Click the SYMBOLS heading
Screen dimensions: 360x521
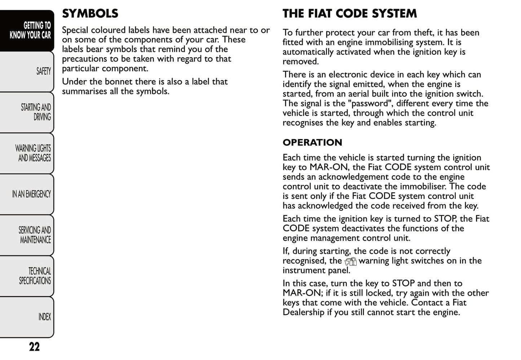[x=90, y=14]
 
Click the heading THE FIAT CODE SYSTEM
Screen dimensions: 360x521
[x=349, y=14]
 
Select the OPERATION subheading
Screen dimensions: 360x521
[x=312, y=142]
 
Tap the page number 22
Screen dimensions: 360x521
[x=34, y=347]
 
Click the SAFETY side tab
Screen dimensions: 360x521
[x=43, y=71]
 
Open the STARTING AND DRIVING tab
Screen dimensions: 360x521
[x=36, y=112]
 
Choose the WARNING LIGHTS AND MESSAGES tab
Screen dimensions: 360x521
[x=33, y=153]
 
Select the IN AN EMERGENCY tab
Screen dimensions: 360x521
[x=31, y=194]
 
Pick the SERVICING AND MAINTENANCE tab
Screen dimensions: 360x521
[x=35, y=235]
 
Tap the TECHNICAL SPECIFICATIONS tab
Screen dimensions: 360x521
[x=35, y=276]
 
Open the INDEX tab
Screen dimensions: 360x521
[x=44, y=317]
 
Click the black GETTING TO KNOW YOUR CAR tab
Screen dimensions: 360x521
[x=30, y=30]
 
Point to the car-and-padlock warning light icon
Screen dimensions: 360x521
[x=350, y=262]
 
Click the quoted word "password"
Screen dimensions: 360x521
[x=370, y=104]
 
